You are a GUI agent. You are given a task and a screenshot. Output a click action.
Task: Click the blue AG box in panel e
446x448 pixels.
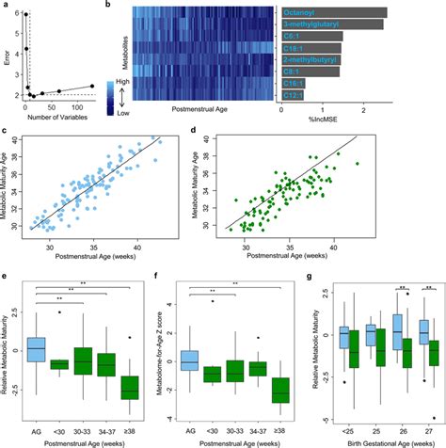35,348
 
